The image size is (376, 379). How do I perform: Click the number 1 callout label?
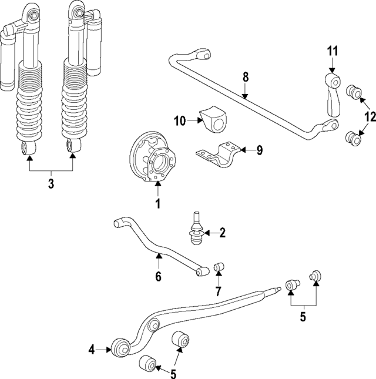coord(157,204)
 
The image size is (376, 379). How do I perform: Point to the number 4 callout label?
coord(92,350)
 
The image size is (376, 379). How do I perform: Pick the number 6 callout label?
coord(158,276)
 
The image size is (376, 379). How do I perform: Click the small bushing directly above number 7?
coord(219,268)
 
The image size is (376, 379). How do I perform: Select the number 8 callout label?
coord(246,76)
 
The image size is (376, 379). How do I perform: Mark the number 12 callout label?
coord(368,117)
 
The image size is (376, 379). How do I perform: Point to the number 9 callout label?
coord(259,150)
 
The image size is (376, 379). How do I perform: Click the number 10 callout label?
coord(180,121)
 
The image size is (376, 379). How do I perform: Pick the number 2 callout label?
coord(222,233)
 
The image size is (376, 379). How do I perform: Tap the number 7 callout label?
coord(217,291)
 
